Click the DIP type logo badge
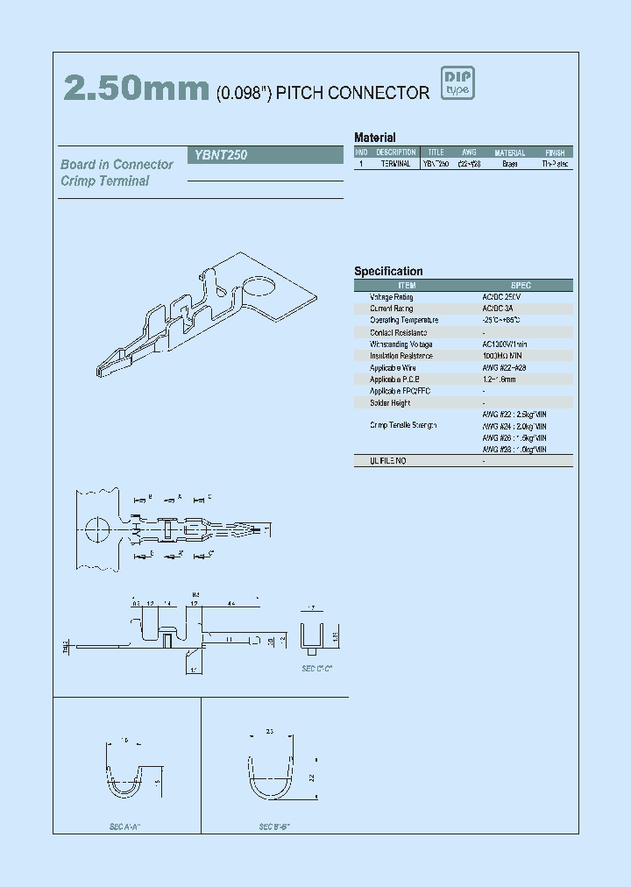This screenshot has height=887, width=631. click(457, 84)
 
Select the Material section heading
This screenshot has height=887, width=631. click(374, 138)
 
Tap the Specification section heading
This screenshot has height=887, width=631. click(388, 272)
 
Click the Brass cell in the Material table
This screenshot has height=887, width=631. click(509, 164)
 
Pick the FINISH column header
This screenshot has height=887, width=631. click(554, 153)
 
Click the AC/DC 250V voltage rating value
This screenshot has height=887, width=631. click(501, 297)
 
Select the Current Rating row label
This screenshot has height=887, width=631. click(391, 309)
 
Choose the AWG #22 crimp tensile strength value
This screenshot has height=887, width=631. click(514, 414)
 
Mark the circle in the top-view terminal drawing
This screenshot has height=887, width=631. click(97, 529)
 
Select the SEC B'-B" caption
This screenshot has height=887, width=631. click(274, 827)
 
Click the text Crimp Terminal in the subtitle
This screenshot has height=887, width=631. click(105, 181)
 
